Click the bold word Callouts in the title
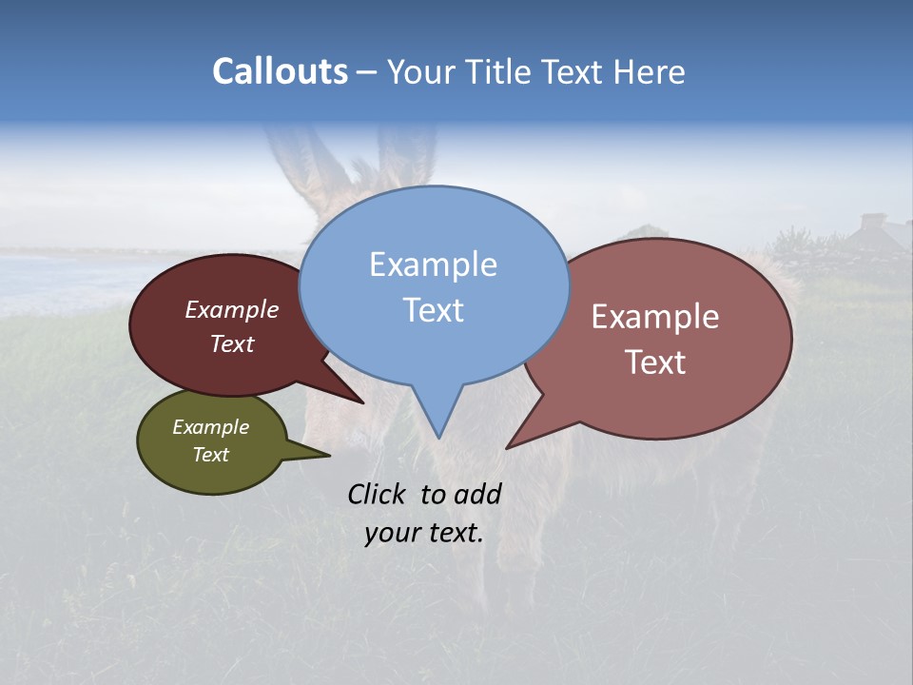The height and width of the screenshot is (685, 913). click(280, 72)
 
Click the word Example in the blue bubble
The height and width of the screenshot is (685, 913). click(433, 264)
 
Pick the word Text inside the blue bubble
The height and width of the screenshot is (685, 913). click(433, 310)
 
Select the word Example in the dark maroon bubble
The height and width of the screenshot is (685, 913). click(231, 309)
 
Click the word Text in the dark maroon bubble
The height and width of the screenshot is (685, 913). click(231, 343)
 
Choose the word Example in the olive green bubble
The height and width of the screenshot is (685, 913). click(210, 427)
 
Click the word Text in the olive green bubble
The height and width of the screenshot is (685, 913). click(210, 455)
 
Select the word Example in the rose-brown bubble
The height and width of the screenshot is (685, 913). click(654, 317)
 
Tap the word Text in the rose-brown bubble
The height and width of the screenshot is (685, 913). click(654, 362)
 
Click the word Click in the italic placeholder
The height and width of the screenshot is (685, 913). click(378, 494)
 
